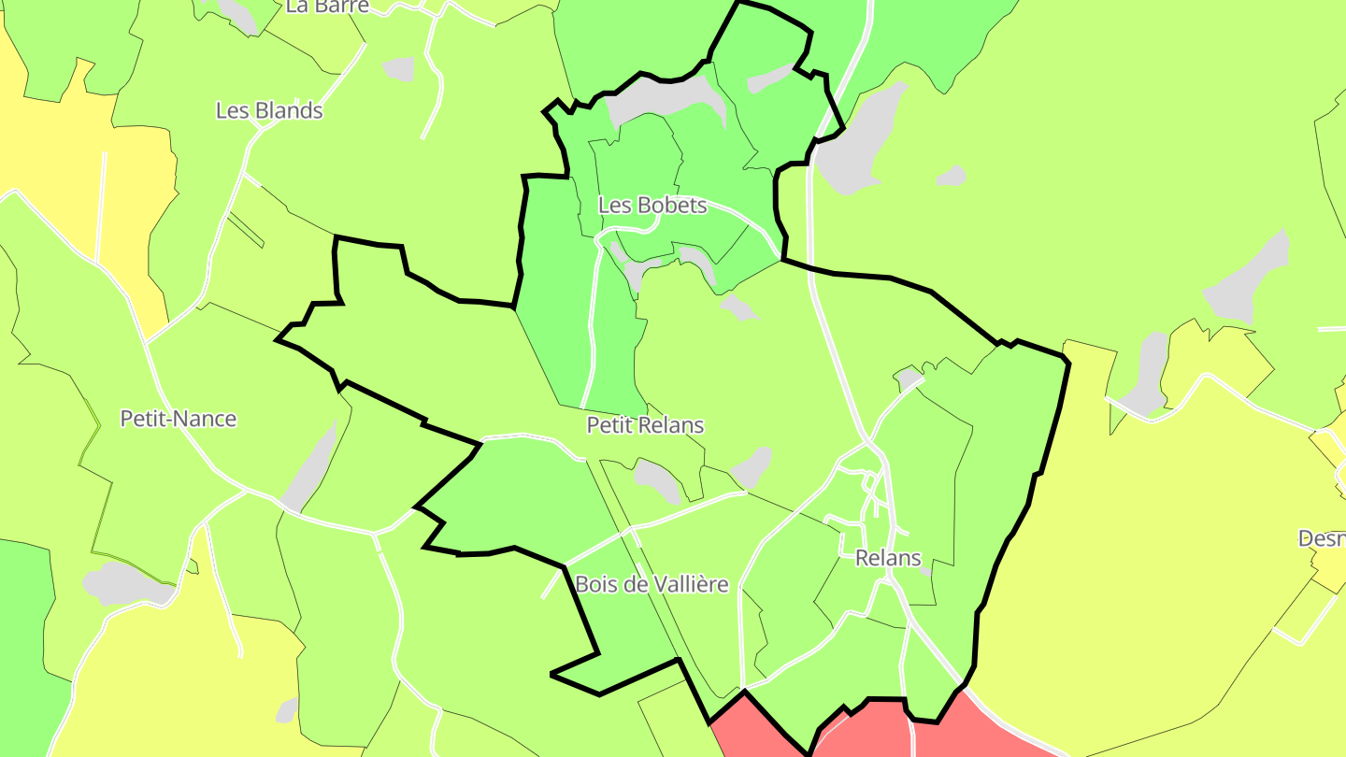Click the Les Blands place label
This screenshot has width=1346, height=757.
pyautogui.click(x=269, y=110)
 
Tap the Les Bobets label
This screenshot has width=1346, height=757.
pyautogui.click(x=652, y=205)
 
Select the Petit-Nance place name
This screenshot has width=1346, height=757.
pyautogui.click(x=178, y=419)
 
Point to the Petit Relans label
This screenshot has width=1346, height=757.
pyautogui.click(x=645, y=425)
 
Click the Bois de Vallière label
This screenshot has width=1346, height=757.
pyautogui.click(x=652, y=585)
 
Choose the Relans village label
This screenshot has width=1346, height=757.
pyautogui.click(x=888, y=559)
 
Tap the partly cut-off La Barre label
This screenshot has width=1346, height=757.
pyautogui.click(x=327, y=7)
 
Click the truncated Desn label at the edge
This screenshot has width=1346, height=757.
pyautogui.click(x=1322, y=539)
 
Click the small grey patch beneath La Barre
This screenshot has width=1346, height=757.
pyautogui.click(x=399, y=69)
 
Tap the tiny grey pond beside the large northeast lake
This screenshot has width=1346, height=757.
pyautogui.click(x=952, y=175)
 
